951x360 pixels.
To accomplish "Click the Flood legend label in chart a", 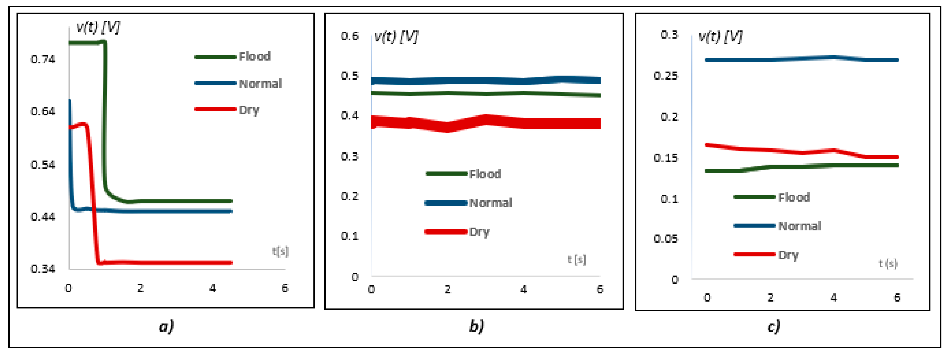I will point(255,56).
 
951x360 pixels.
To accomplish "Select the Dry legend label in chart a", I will point(249,110).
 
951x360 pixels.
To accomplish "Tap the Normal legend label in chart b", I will point(490,203).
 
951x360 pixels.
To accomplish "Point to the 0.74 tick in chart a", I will point(43,59).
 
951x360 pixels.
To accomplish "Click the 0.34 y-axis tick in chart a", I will point(43,269).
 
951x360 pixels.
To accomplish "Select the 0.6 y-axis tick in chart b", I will point(350,36).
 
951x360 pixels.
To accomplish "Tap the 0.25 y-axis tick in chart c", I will point(666,76).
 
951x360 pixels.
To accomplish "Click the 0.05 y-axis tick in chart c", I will point(666,239).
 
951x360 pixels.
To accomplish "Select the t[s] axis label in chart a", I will point(280,251).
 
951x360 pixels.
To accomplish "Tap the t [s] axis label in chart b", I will point(576,259).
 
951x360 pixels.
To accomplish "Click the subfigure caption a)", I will point(166,326).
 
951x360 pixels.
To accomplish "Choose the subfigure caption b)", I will point(476,326).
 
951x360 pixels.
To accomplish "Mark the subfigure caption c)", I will point(773,326).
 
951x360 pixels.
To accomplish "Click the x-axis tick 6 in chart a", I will point(285,288).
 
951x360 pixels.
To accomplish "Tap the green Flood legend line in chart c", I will point(754,197).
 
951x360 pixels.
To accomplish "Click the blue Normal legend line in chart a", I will point(215,83).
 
